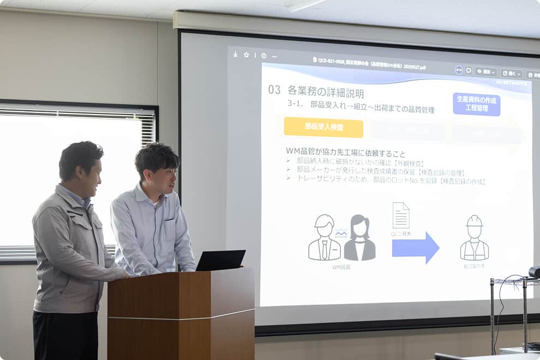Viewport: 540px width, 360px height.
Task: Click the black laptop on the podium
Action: pos(220,261)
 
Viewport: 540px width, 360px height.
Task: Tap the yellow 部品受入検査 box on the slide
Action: pos(323,127)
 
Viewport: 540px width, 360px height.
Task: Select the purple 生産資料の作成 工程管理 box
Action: pos(476,104)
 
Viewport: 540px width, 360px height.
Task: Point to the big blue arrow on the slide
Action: pos(415,247)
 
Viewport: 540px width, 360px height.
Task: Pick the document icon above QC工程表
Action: pos(401,215)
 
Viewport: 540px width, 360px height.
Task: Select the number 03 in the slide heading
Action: pos(274,90)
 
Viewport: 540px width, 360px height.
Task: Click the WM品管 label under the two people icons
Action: pos(341,267)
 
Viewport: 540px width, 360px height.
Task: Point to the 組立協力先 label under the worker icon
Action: pos(474,267)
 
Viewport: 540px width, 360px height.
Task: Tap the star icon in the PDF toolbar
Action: pos(246,55)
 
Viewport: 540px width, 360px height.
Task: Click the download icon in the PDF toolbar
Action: pos(235,54)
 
